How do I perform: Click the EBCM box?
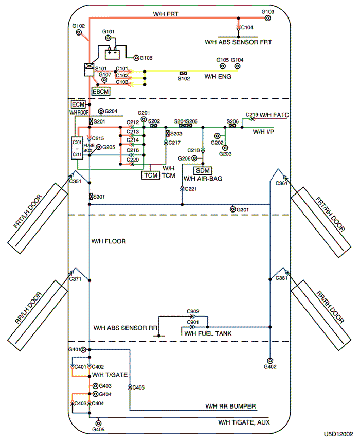pos(101,92)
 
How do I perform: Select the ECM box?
pos(78,104)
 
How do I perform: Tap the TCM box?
pos(151,175)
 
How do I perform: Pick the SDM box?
pos(203,171)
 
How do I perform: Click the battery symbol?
pos(112,54)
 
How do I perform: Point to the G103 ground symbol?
pos(268,19)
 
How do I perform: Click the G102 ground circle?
pos(79,32)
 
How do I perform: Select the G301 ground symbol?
pos(232,209)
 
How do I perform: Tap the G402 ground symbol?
pos(270,361)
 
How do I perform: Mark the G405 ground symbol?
pos(98,423)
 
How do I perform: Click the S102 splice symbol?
pos(183,73)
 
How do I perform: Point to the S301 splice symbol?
pos(91,196)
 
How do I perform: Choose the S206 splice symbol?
pos(232,126)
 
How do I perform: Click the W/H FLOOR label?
pos(109,241)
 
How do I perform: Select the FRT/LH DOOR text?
pos(28,211)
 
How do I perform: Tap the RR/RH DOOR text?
pos(330,307)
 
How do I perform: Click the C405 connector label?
pos(138,387)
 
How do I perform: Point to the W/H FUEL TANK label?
pos(208,333)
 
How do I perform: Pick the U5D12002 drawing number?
pos(338,434)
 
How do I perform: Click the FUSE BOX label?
pos(88,148)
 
